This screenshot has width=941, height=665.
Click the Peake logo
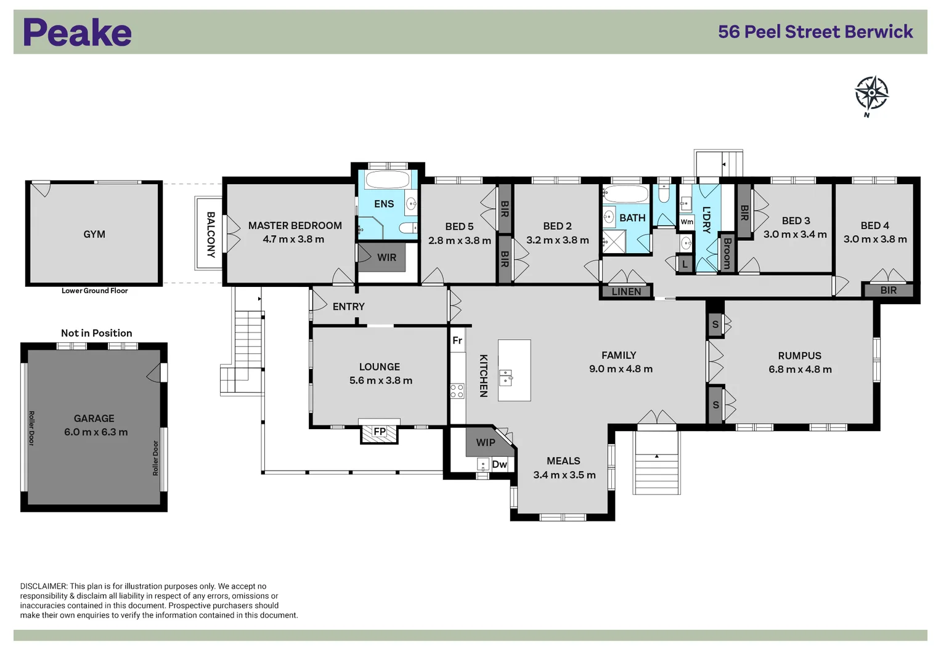77,33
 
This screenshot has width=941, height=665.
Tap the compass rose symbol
871,94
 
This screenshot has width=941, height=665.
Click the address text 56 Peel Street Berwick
815,32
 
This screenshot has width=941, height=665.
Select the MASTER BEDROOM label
295,226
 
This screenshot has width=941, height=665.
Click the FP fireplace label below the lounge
380,432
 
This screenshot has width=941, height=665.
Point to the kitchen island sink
506,377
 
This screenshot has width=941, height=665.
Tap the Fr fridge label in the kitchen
457,341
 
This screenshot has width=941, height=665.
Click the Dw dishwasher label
499,464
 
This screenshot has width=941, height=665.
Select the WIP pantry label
485,442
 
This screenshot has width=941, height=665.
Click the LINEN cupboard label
626,292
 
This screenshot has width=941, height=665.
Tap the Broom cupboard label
727,253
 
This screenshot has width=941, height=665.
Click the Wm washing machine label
686,222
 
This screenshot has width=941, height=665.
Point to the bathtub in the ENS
387,180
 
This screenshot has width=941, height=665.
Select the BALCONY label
211,234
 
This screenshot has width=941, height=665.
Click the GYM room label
94,235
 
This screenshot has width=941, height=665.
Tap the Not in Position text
96,333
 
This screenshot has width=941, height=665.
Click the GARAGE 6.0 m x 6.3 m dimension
96,432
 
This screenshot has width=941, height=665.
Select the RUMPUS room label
799,356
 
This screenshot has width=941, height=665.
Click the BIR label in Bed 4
888,291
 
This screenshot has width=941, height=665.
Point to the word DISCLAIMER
43,586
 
